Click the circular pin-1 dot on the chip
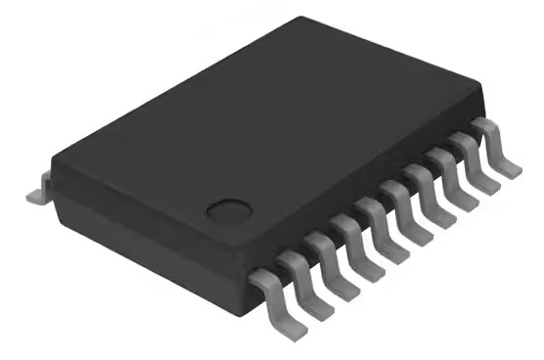pyautogui.click(x=228, y=208)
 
